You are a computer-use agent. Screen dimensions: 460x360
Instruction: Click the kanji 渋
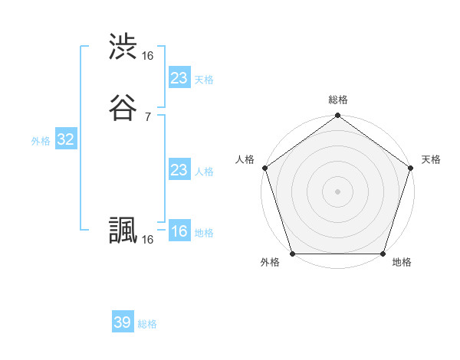(123, 47)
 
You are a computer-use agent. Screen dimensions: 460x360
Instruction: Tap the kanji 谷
(123, 106)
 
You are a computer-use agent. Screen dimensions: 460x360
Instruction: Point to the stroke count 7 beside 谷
(147, 116)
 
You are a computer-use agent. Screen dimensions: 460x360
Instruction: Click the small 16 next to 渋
(148, 56)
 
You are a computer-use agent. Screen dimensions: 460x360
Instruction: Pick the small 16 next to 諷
(148, 240)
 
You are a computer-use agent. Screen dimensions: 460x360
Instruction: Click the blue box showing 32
(65, 139)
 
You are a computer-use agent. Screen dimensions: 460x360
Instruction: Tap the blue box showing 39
(123, 322)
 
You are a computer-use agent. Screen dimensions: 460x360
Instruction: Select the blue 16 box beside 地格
(179, 231)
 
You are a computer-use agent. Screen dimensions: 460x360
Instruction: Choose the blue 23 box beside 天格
(179, 78)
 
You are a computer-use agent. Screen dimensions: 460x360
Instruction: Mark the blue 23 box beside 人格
(179, 170)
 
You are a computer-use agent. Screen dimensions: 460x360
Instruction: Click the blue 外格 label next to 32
(41, 141)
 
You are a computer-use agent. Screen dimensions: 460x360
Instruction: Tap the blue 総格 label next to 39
(147, 324)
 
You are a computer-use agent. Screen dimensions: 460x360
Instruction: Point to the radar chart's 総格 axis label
(337, 100)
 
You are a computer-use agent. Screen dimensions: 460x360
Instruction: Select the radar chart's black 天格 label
(431, 159)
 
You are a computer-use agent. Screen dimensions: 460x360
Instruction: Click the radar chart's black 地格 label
(402, 262)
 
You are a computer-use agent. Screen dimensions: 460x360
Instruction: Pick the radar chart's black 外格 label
(270, 262)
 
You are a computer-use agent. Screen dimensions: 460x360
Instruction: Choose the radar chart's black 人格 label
(245, 159)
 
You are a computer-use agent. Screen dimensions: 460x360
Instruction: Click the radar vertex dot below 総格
(337, 116)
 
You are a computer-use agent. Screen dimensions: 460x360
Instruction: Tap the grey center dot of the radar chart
(337, 191)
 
